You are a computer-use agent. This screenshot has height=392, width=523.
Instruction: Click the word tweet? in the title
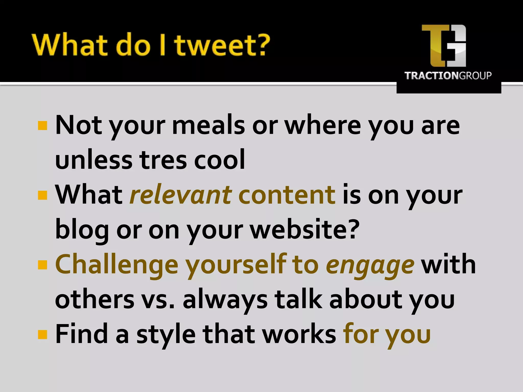[x=222, y=45]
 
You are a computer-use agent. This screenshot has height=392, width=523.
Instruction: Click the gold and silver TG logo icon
[x=444, y=46]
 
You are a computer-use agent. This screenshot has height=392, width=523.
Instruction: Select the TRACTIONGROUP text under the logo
[x=448, y=76]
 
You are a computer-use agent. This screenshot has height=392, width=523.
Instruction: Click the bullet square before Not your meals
[x=42, y=126]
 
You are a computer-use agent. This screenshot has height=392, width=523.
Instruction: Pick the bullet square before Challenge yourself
[x=42, y=265]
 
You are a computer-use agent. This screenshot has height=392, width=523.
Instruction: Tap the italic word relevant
[x=181, y=195]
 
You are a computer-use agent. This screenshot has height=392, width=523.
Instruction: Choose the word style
[x=166, y=334]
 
